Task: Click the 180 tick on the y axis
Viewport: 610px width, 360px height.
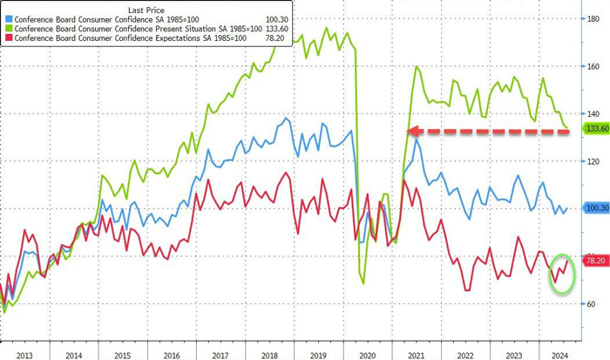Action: [593, 18]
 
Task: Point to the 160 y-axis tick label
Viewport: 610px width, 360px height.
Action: [593, 66]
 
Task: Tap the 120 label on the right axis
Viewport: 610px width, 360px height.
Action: [593, 161]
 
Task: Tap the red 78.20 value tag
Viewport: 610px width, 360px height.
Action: [595, 261]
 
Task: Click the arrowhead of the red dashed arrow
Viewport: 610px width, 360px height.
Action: [413, 132]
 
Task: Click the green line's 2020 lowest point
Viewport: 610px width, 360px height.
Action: [363, 282]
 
